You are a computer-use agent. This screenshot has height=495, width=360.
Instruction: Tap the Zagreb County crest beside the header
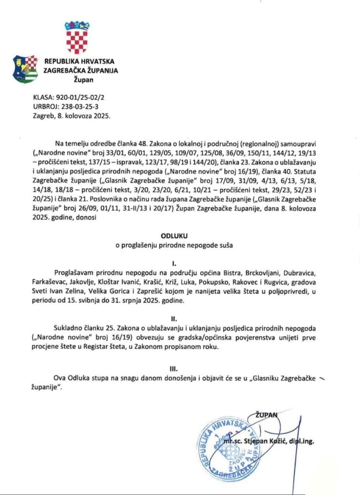pos(26,69)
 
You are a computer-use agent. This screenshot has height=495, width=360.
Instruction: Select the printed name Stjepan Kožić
pos(263,442)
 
